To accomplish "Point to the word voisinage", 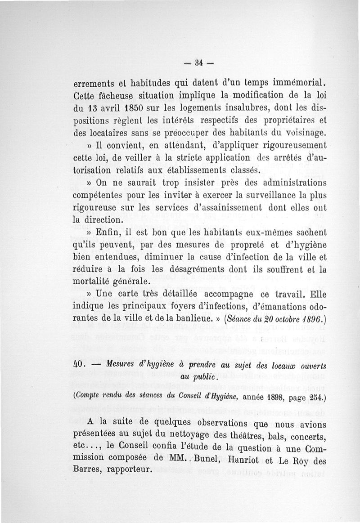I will point(300,133).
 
